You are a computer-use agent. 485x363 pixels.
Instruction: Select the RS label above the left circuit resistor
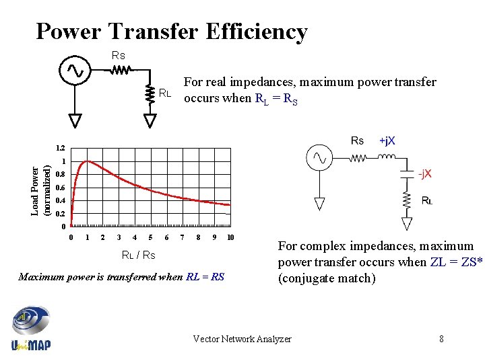pos(118,55)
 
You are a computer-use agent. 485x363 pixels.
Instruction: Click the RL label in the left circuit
pos(166,93)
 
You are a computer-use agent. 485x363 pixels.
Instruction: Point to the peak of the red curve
pos(86,161)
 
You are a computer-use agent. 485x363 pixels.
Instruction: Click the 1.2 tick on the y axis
pos(61,148)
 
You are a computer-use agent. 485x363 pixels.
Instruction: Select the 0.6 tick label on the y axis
pos(61,188)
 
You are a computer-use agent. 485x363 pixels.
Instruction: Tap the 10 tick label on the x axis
pos(230,237)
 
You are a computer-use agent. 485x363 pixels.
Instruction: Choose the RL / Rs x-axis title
pos(138,255)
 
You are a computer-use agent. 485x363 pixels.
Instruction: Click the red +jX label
pos(387,140)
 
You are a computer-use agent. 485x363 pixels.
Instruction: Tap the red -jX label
pos(424,174)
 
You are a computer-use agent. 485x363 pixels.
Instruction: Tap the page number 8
pos(441,339)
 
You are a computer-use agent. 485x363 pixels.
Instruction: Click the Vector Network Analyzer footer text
pos(242,339)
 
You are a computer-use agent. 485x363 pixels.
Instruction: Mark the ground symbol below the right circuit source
pos(319,203)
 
